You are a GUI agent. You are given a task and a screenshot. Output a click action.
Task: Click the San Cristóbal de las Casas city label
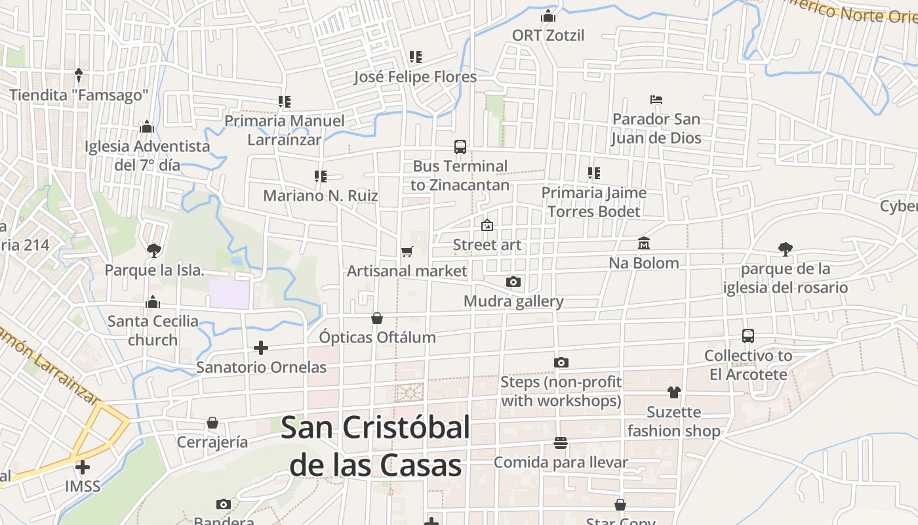(376, 446)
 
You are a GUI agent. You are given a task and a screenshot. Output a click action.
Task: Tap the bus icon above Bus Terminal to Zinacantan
(460, 147)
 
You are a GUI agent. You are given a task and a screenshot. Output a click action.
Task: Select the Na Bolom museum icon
(643, 243)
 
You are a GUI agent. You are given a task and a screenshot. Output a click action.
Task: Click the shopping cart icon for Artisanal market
(407, 251)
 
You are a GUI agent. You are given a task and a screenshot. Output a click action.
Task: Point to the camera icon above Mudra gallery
(513, 282)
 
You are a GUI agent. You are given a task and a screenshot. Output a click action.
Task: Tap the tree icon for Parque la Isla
(154, 250)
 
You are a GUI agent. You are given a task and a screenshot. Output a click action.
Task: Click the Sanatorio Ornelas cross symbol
(261, 347)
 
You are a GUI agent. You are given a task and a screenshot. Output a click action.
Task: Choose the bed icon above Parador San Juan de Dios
(656, 100)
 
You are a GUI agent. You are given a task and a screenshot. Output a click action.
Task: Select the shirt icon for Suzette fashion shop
(673, 392)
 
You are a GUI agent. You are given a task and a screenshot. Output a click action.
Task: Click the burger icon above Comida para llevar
(560, 443)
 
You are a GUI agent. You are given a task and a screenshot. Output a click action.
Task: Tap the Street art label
(487, 245)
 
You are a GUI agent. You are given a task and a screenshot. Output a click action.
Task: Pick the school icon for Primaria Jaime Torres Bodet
(594, 173)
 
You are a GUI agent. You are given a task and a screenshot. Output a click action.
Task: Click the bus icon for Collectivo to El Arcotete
(748, 336)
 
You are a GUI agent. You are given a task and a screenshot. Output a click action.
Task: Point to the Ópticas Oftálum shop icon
(377, 318)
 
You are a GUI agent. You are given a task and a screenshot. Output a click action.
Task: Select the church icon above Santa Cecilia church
(153, 302)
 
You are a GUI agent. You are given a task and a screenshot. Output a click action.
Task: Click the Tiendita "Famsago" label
(79, 95)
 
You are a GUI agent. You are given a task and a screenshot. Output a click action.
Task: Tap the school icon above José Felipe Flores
(415, 57)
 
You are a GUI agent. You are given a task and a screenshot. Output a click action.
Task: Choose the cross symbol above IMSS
(83, 467)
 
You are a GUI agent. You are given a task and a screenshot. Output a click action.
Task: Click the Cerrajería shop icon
(212, 422)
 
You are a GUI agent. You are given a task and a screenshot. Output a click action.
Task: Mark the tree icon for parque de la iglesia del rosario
(785, 249)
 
